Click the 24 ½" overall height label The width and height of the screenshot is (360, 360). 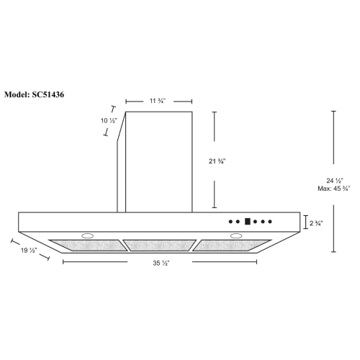(336, 180)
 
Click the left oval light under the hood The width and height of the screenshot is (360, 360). (88, 236)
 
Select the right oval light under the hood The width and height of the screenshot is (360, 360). (236, 236)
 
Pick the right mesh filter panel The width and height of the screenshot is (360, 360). (232, 245)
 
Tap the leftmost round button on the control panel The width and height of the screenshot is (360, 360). (231, 222)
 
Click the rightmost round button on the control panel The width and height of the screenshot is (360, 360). (272, 222)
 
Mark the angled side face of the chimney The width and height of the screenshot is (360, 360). (121, 162)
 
